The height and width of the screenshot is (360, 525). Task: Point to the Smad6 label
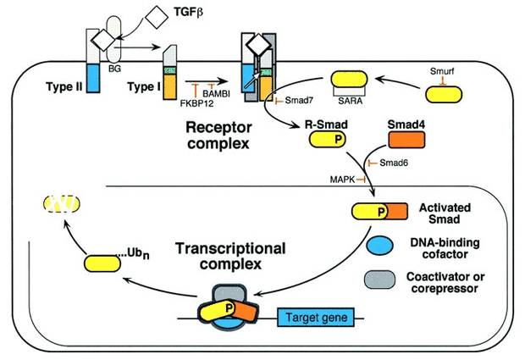click(391, 163)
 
